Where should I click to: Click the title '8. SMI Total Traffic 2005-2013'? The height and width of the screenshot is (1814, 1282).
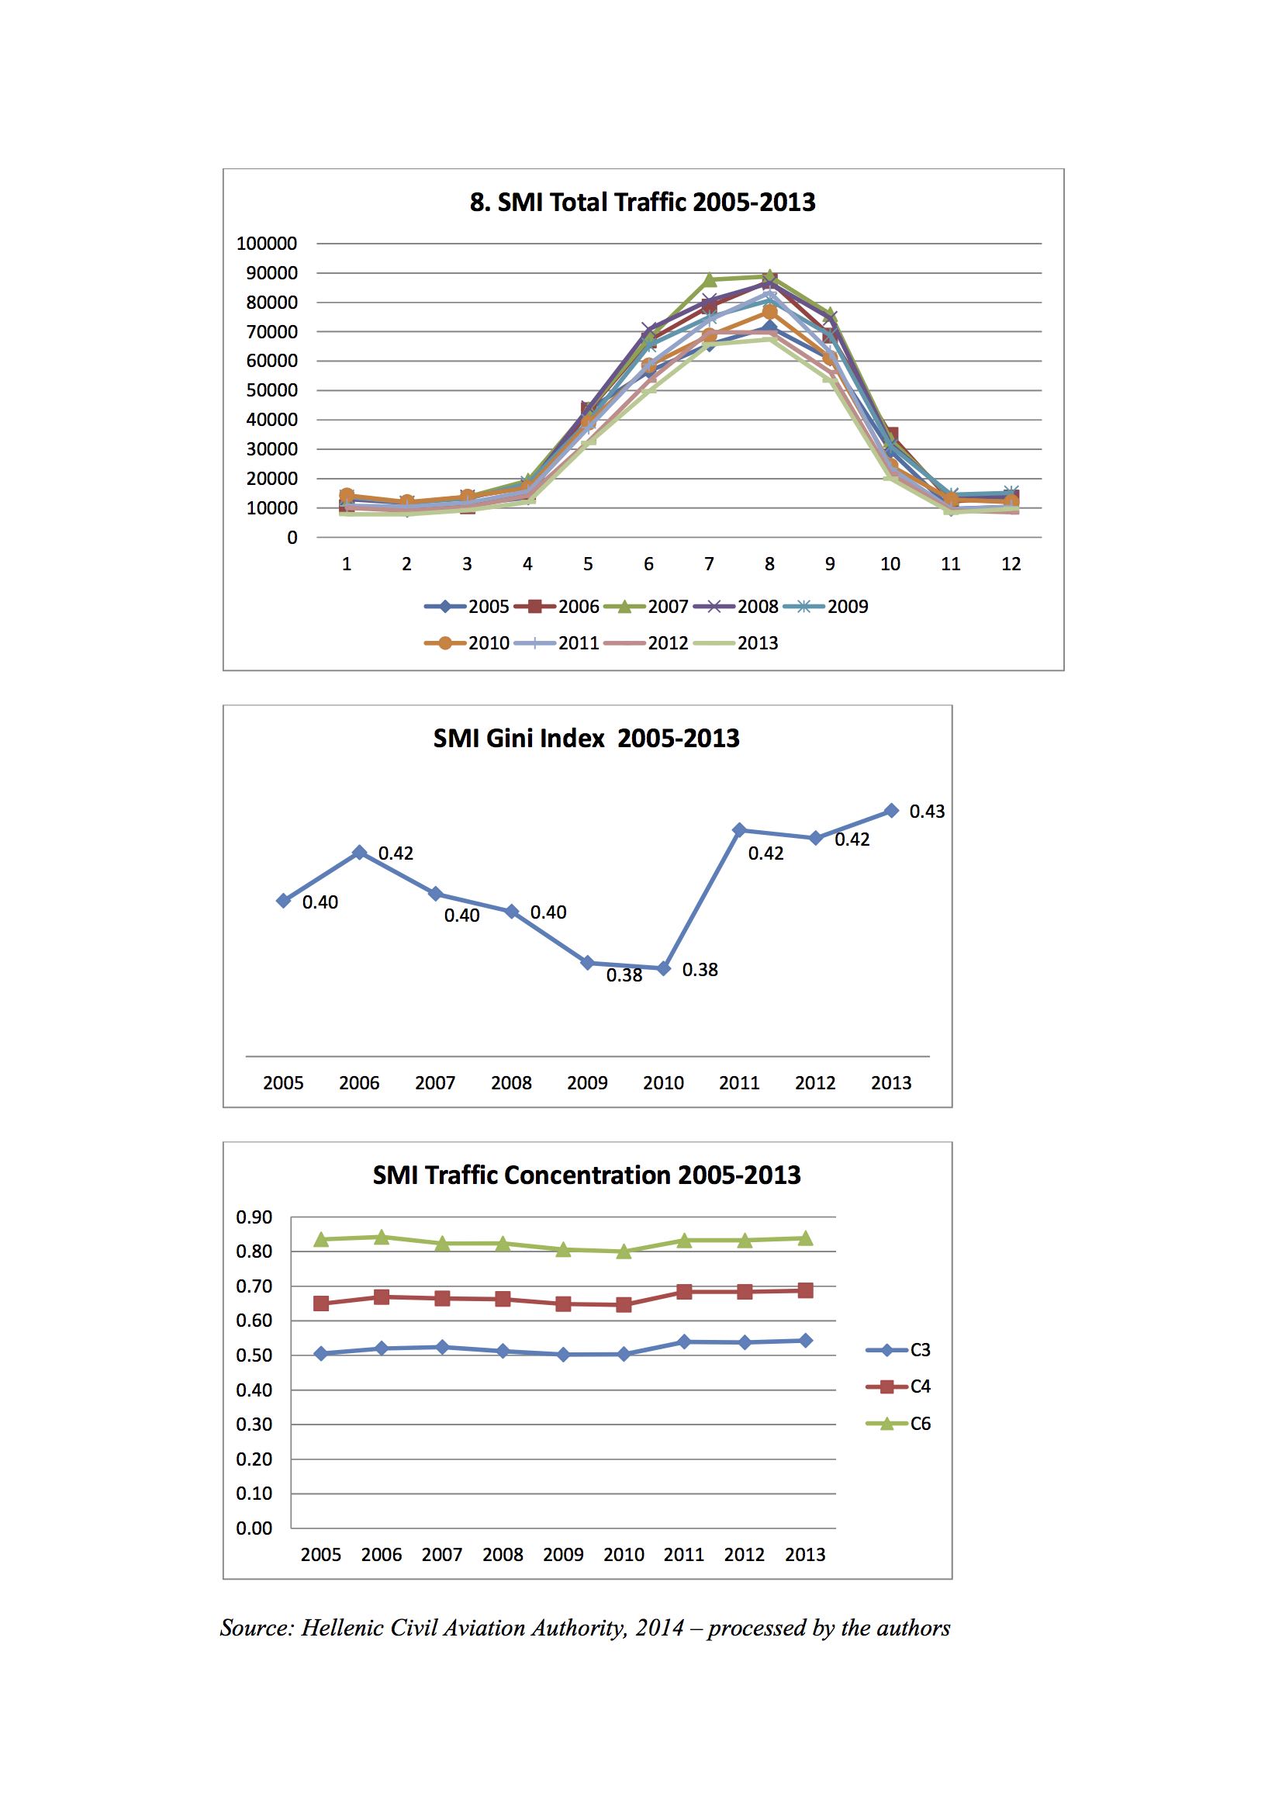[642, 203]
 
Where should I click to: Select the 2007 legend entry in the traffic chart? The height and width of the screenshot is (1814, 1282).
[646, 607]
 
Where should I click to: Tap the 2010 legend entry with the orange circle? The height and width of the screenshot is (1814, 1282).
[467, 643]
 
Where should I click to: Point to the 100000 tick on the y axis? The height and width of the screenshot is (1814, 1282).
[267, 244]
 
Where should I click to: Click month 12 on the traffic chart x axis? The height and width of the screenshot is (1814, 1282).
[1011, 564]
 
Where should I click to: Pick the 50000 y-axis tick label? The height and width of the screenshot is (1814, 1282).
[271, 390]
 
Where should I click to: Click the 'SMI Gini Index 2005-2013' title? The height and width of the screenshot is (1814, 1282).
[586, 739]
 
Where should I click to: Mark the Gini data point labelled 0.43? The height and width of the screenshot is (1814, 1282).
[892, 811]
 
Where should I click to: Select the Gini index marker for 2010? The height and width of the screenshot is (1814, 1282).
[664, 968]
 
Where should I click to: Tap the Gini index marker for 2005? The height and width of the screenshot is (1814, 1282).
[284, 901]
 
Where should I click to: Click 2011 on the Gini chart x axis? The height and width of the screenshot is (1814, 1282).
[739, 1083]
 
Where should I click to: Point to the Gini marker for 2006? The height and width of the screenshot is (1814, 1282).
[359, 853]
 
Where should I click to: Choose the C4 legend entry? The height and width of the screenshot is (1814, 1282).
[898, 1386]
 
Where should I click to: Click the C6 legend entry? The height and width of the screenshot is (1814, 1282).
[898, 1424]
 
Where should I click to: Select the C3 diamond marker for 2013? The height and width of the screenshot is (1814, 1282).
[806, 1341]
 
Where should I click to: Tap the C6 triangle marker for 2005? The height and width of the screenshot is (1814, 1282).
[322, 1240]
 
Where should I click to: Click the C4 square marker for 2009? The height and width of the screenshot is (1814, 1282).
[563, 1304]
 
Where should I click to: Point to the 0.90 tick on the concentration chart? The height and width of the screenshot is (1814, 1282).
[254, 1217]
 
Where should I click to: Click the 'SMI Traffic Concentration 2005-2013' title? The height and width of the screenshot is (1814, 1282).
[587, 1175]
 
